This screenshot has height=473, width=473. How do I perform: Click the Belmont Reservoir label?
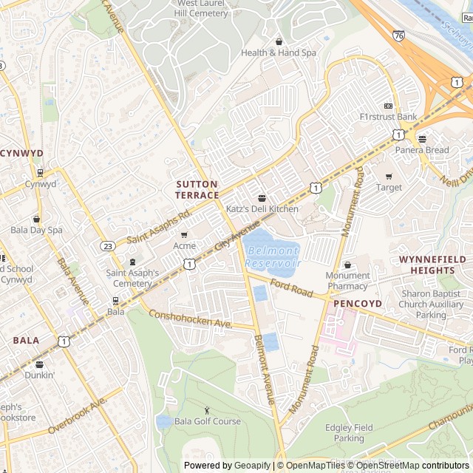[x=273, y=257]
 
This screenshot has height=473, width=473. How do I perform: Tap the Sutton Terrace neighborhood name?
[x=197, y=189]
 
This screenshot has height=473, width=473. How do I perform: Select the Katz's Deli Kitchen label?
[x=262, y=209]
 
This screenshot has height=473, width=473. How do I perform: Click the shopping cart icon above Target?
[x=389, y=176]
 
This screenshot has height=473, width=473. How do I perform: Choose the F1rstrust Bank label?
[x=388, y=117]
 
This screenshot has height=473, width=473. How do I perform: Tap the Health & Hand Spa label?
[x=278, y=52]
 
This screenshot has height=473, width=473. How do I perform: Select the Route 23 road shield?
[x=108, y=246]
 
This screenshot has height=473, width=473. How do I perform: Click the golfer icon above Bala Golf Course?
[x=207, y=410]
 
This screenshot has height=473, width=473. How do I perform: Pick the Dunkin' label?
[x=39, y=375]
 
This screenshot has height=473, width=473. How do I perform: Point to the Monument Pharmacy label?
[x=347, y=281]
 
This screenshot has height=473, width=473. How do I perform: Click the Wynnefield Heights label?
[x=432, y=265]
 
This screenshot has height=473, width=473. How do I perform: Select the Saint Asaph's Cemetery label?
[x=132, y=278]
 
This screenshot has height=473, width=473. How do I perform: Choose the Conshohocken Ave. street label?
[x=191, y=320]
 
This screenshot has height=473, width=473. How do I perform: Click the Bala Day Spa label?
[x=36, y=230]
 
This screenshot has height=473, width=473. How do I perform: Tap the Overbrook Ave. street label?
[x=78, y=415]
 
